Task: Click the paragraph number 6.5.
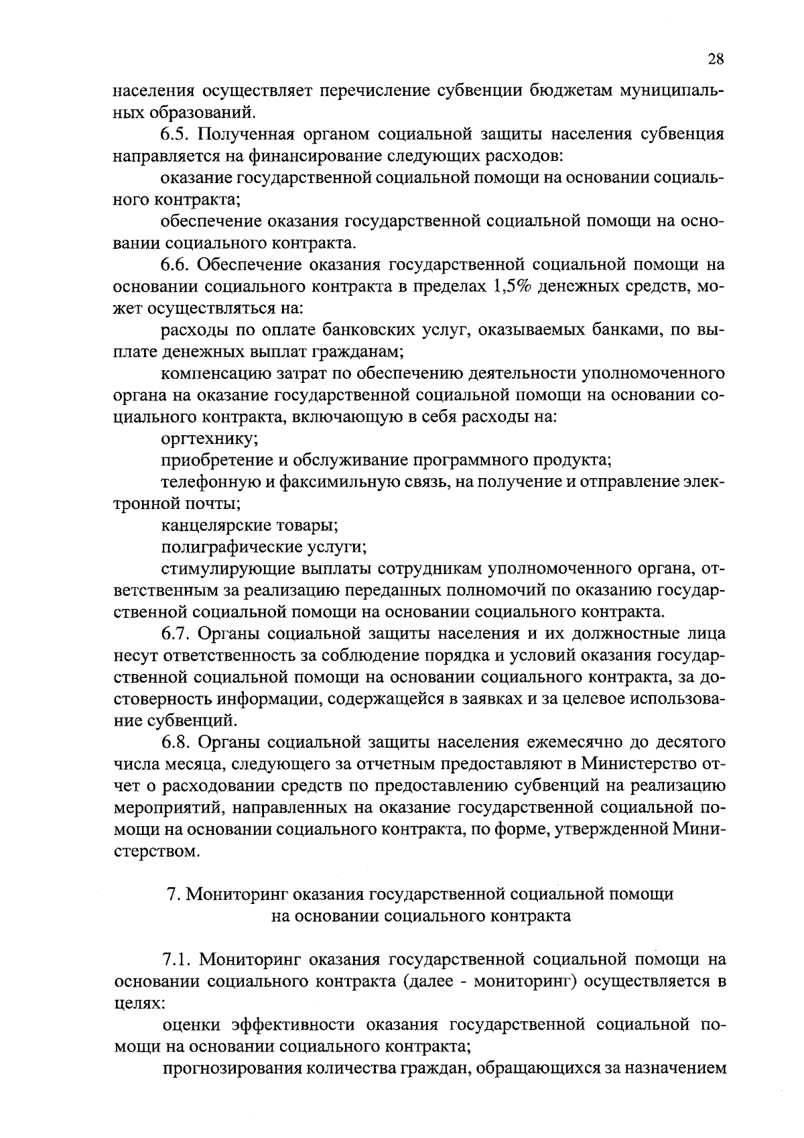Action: [x=174, y=134]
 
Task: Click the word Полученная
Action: [x=253, y=134]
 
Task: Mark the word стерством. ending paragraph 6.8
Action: [x=156, y=852]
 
